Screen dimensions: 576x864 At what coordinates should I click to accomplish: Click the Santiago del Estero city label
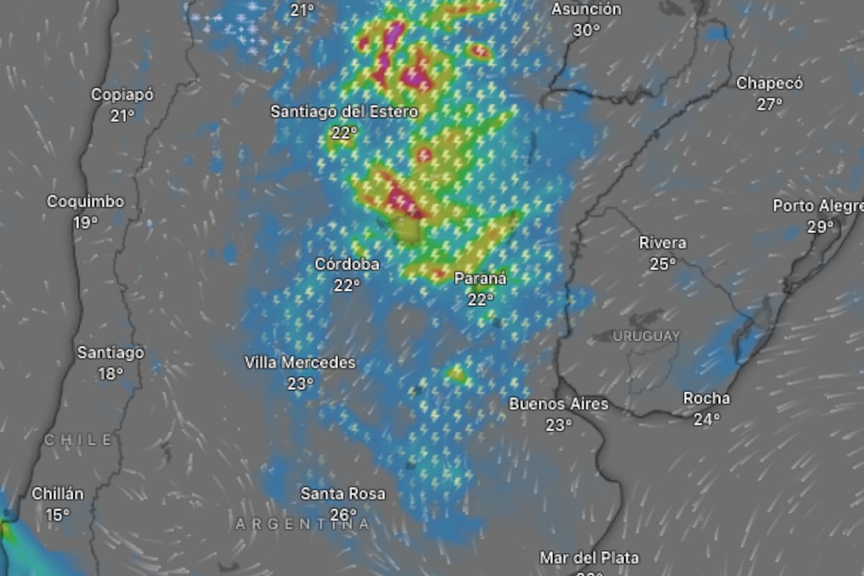[344, 112]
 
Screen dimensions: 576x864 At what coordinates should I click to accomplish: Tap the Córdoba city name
[347, 264]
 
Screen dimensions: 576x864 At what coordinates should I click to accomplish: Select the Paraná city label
[480, 279]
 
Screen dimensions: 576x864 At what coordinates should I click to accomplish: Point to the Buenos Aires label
[559, 404]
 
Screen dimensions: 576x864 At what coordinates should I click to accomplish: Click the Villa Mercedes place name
[300, 362]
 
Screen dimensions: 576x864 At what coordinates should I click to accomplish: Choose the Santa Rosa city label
[343, 494]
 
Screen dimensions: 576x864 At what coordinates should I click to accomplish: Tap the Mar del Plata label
[589, 557]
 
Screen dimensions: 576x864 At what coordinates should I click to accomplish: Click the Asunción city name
[586, 9]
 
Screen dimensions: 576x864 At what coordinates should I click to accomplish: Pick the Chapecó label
[769, 83]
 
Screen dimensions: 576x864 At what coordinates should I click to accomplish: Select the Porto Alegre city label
[817, 206]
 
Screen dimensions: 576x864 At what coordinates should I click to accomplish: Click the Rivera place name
[662, 243]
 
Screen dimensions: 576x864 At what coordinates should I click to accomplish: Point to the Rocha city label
[706, 398]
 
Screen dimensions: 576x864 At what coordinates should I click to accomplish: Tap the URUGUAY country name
[647, 336]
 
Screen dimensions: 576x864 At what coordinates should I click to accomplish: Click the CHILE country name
[78, 439]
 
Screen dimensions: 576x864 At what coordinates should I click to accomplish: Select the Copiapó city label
[122, 94]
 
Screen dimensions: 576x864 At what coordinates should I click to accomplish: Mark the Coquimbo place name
[86, 202]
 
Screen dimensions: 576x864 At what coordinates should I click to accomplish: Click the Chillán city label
[58, 494]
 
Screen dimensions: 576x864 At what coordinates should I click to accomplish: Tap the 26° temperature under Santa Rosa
[343, 515]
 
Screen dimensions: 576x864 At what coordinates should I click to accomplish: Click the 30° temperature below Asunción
[587, 30]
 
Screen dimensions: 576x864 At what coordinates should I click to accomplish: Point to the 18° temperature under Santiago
[111, 374]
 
